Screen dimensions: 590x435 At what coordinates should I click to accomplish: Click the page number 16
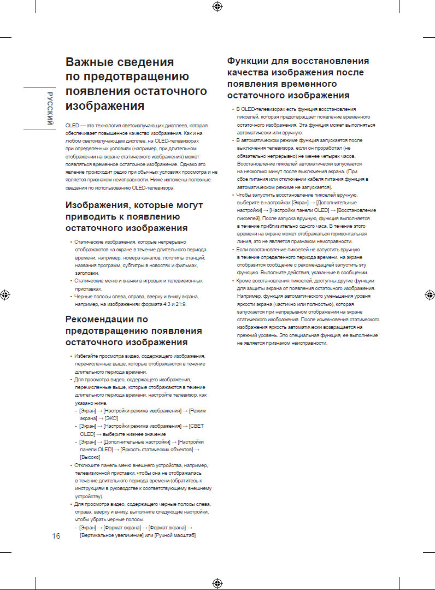tap(55, 535)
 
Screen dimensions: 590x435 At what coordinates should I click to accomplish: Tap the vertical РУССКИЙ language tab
tap(50, 108)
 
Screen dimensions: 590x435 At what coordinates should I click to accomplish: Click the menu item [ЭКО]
tap(111, 418)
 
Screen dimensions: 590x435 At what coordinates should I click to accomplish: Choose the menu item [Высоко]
tap(90, 457)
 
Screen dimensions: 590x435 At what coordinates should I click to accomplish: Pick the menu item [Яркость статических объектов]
tap(156, 449)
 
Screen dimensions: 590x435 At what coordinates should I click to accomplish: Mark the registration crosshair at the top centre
tap(217, 7)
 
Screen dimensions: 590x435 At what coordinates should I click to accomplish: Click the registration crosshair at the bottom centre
tap(217, 582)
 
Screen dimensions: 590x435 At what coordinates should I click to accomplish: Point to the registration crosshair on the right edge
tap(429, 294)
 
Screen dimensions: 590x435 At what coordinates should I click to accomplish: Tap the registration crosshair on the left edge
tap(5, 294)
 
